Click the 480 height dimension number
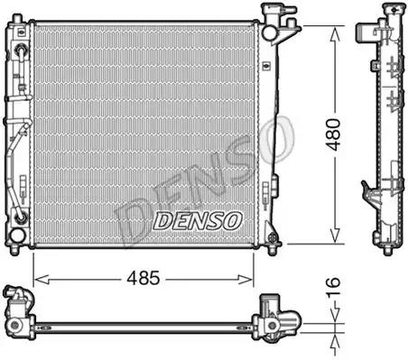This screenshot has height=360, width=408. [336, 134]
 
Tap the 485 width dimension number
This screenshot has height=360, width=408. [143, 278]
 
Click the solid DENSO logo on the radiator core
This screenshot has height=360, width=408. [197, 219]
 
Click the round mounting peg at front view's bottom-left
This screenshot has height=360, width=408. [16, 236]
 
